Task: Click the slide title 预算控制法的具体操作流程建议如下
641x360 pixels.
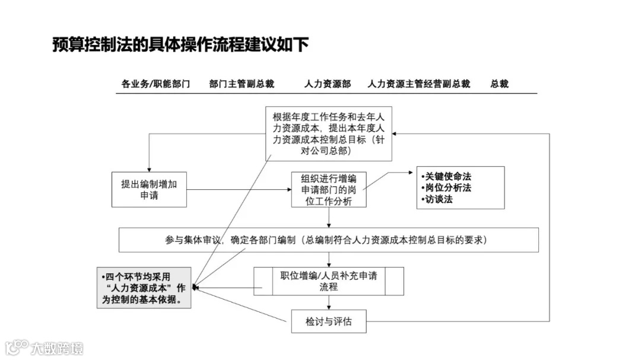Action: point(180,45)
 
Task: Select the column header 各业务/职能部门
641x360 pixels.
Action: point(156,84)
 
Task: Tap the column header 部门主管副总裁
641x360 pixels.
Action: point(242,84)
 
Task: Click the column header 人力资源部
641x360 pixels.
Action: point(328,84)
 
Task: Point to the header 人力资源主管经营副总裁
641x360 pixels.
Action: point(418,84)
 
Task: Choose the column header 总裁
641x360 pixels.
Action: point(499,84)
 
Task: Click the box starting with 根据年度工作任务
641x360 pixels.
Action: point(328,134)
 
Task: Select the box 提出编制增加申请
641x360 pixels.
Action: point(150,190)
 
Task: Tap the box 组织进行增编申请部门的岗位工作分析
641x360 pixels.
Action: point(328,190)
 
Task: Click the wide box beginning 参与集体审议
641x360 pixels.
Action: point(328,240)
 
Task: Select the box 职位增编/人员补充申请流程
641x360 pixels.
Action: point(328,281)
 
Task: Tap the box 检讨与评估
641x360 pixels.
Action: point(328,321)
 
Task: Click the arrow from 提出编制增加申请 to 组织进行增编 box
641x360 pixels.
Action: point(237,190)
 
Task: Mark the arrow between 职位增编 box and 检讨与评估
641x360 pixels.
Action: point(328,302)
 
